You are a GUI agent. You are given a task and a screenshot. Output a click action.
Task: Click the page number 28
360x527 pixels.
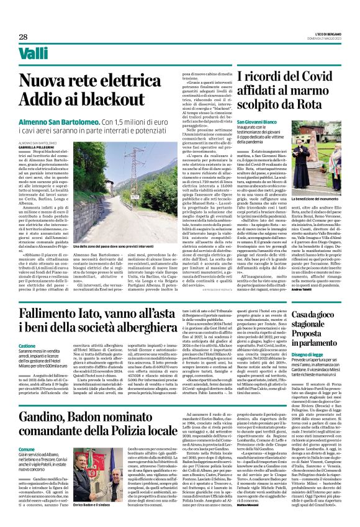[x=23, y=37]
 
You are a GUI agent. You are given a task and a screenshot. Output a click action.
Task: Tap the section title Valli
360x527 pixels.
[x=34, y=55]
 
